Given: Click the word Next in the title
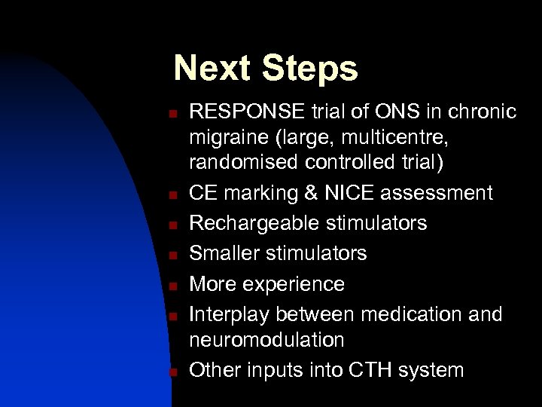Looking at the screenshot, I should point(213,69).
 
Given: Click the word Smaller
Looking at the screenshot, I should point(226,253).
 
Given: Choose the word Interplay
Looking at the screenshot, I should point(232,314).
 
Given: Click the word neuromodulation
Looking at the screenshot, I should point(266,340).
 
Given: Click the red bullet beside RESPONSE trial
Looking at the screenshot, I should point(172,114).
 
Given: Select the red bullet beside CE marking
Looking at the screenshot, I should point(172,195).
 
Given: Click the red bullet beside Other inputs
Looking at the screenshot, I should point(172,372).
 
